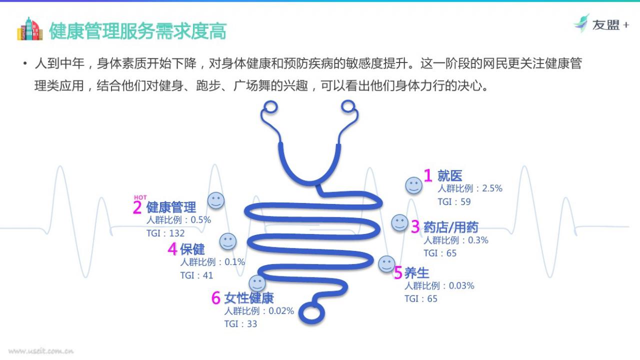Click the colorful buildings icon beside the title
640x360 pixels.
point(29,29)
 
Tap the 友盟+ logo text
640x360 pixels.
point(610,25)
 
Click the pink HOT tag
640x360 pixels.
point(140,197)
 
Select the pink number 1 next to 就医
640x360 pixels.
point(427,175)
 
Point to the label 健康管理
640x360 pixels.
point(171,207)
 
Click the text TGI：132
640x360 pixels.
point(165,233)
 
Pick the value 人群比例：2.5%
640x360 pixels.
point(470,188)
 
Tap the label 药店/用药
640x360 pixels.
point(451,227)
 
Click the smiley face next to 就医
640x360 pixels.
point(413,185)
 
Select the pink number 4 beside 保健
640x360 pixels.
point(172,249)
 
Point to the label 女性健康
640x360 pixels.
point(249,298)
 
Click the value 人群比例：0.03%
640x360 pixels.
point(439,285)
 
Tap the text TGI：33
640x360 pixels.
point(240,324)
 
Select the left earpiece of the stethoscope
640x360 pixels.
point(269,107)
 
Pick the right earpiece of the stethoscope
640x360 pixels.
point(348,106)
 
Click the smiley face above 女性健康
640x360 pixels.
point(257,283)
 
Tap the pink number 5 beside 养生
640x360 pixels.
point(398,272)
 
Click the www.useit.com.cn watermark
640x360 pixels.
point(41,351)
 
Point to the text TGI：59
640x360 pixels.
point(454,201)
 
